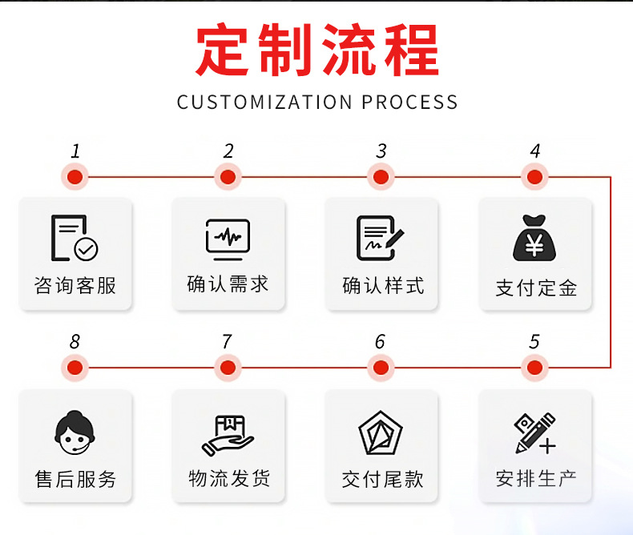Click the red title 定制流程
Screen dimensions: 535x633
(x=317, y=50)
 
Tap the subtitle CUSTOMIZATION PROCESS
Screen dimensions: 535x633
(x=317, y=103)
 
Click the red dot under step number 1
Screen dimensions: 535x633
(x=75, y=176)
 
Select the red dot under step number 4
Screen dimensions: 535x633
(x=534, y=176)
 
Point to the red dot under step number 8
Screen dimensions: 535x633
(x=75, y=368)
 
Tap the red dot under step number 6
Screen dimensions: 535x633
(x=381, y=368)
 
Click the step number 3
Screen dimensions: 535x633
(x=381, y=151)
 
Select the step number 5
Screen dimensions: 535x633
(x=534, y=342)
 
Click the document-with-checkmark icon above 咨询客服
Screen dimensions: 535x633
(x=75, y=239)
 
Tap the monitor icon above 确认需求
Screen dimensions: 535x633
(x=228, y=239)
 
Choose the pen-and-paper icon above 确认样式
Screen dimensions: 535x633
(x=381, y=239)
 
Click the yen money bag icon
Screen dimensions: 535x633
(x=534, y=239)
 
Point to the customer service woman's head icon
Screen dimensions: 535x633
(x=75, y=433)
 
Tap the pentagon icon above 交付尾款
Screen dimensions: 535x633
(x=381, y=433)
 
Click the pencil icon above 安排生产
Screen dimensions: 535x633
(x=534, y=433)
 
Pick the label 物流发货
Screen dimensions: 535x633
(x=229, y=479)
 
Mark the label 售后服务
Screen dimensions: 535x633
(x=75, y=479)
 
